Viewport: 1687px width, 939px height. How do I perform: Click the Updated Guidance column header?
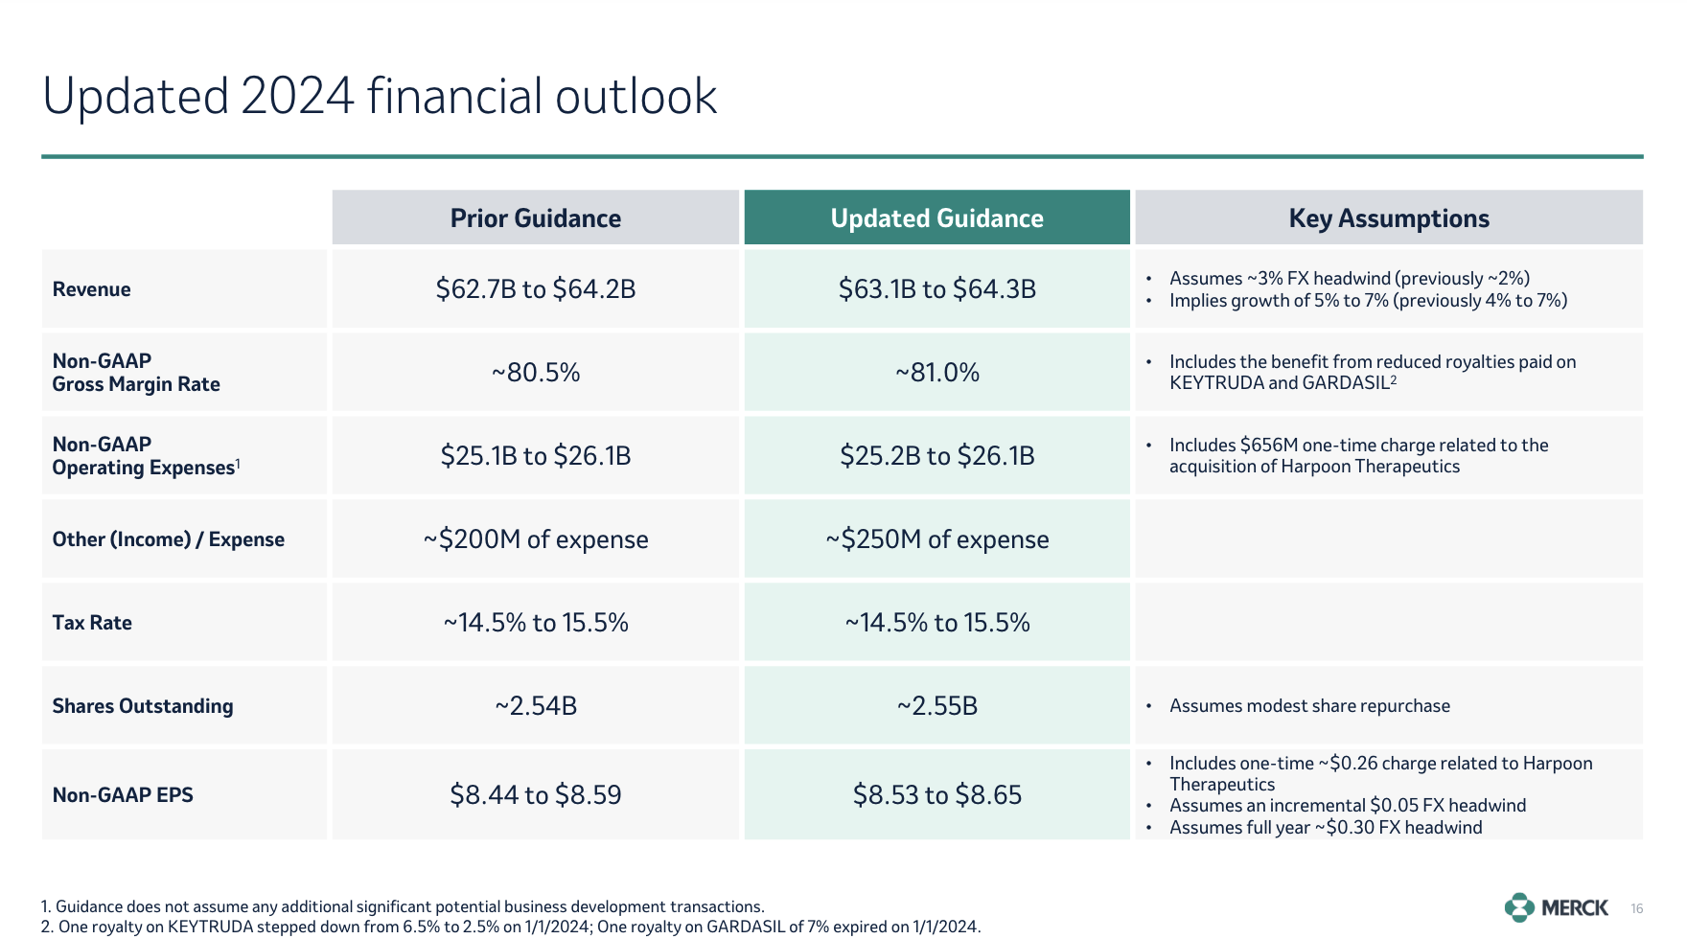pos(936,218)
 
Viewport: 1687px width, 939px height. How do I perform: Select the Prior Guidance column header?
pos(536,218)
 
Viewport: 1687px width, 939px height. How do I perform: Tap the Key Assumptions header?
pos(1389,218)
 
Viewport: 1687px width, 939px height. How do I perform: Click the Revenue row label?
pos(92,289)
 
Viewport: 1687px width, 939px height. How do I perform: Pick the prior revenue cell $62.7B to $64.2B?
pos(536,289)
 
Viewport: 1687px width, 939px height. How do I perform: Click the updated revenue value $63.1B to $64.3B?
pos(937,289)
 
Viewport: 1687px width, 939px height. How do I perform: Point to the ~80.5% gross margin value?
pos(536,373)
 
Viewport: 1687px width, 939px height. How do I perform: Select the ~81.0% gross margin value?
pos(937,373)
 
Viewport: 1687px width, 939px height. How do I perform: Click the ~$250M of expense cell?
pos(937,539)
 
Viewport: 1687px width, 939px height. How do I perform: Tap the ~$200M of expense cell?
pos(536,539)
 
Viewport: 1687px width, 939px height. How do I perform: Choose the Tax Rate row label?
pos(92,623)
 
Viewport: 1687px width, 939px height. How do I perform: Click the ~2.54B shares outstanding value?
pos(536,706)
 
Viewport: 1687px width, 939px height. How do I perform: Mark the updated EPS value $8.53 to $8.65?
pos(937,794)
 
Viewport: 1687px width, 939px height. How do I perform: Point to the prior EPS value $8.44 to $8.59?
pos(536,794)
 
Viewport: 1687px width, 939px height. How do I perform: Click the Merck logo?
pos(1557,907)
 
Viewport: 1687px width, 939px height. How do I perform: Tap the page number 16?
pos(1637,908)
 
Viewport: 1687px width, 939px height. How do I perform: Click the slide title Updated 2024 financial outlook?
pos(380,96)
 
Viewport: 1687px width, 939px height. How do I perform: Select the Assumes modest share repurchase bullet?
pos(1309,706)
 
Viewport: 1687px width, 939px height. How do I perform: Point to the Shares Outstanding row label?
pos(143,706)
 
